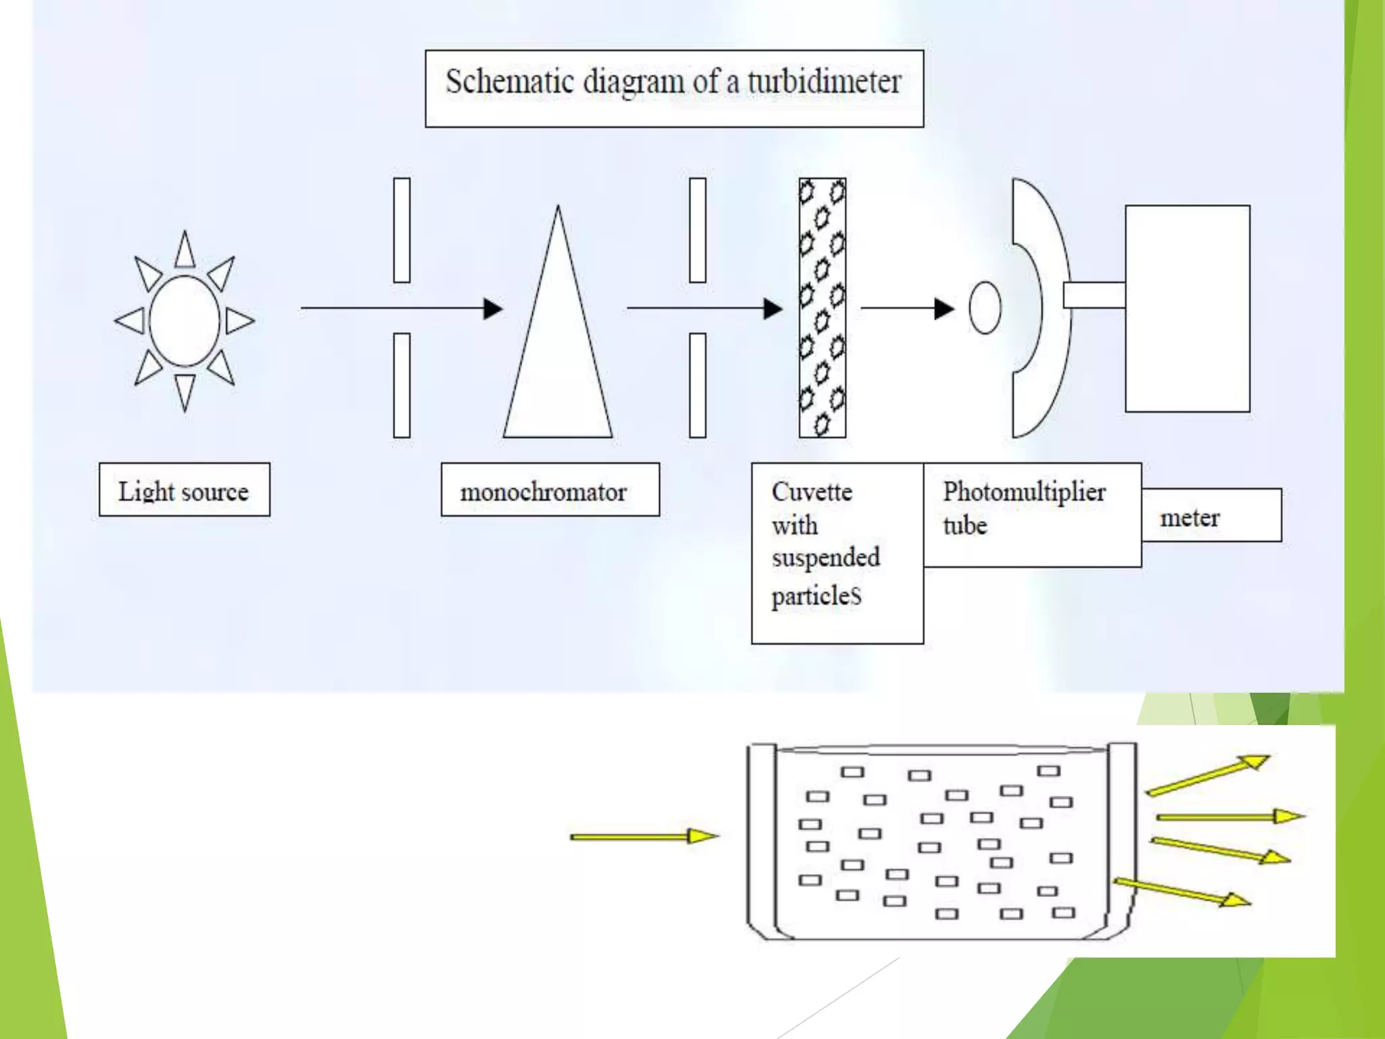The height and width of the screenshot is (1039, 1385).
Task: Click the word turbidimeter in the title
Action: point(824,83)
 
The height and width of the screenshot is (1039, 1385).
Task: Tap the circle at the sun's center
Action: point(184,321)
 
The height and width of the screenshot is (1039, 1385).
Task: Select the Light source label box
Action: point(184,490)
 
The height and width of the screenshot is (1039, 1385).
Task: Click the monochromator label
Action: point(544,492)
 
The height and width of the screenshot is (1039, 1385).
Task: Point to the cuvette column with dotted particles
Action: point(822,308)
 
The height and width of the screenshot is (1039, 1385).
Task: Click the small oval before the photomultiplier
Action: point(985,308)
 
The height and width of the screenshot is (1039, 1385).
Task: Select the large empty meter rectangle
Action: point(1187,308)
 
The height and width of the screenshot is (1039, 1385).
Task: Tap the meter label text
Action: point(1190,518)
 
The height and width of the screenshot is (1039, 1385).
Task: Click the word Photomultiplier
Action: point(1024,492)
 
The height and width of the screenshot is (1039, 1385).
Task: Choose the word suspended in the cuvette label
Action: point(826,557)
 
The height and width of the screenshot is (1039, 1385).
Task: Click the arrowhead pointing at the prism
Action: point(493,308)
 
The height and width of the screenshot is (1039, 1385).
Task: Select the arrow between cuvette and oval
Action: point(907,308)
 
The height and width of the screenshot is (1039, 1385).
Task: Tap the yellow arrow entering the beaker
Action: point(642,837)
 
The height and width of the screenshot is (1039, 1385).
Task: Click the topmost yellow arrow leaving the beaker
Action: point(1208,775)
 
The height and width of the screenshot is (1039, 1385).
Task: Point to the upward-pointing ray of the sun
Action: point(185,250)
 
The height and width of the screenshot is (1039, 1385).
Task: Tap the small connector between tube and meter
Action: point(1094,295)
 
